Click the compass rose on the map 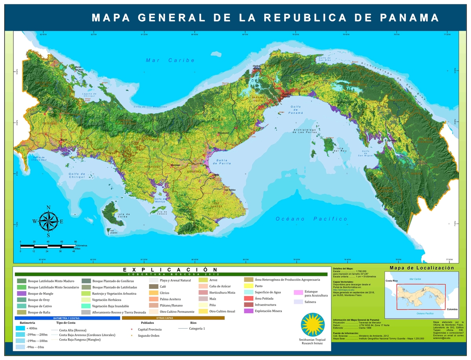click(48, 221)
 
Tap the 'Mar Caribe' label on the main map click(170, 60)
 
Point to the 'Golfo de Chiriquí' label click(77, 175)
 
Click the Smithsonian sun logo click(312, 324)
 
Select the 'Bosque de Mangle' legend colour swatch click(22, 294)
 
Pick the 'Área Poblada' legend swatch click(248, 298)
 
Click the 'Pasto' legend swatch click(248, 286)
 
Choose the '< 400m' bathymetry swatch click(20, 328)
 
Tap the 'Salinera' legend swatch click(298, 302)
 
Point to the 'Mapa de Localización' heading click(422, 268)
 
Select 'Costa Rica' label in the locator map click(391, 281)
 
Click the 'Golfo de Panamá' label click(296, 110)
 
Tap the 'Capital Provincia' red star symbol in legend click(132, 329)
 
